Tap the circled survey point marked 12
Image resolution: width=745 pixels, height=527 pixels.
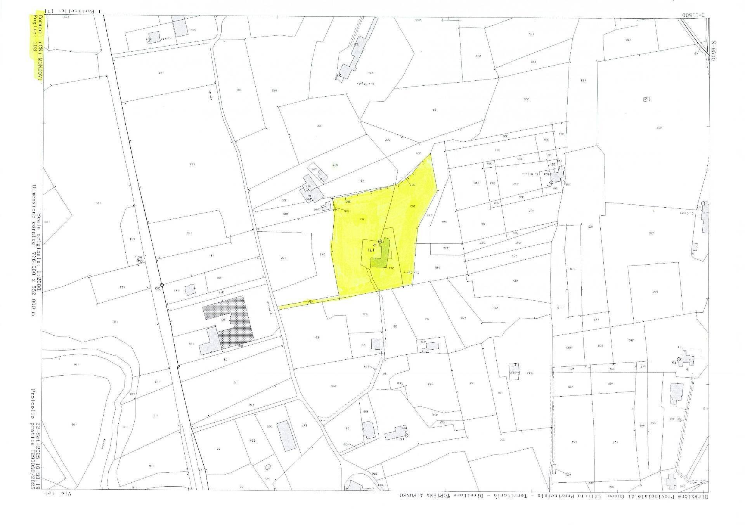380,241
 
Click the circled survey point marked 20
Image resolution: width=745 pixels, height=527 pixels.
162,285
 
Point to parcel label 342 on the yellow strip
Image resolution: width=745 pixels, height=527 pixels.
310,302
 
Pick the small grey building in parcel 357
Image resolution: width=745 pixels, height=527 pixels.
190,290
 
